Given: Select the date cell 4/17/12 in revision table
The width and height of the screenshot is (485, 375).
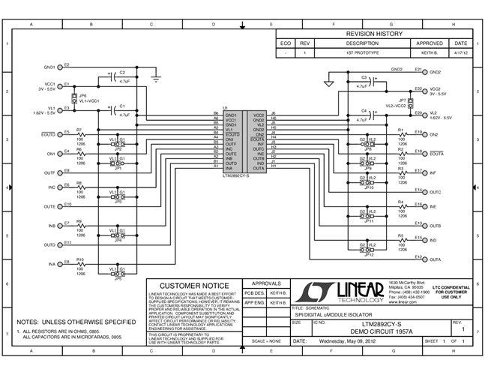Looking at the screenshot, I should tap(461, 54).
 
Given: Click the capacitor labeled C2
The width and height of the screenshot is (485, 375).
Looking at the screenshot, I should tap(113, 78).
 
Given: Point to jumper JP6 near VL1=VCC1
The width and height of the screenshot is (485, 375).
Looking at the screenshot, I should tap(73, 97).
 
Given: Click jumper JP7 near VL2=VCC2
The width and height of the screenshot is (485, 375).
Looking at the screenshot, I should tap(410, 103).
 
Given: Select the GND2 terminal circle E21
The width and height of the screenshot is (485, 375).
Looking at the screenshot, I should tap(425, 72).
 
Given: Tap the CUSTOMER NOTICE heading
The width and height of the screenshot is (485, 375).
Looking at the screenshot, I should tap(192, 286).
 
